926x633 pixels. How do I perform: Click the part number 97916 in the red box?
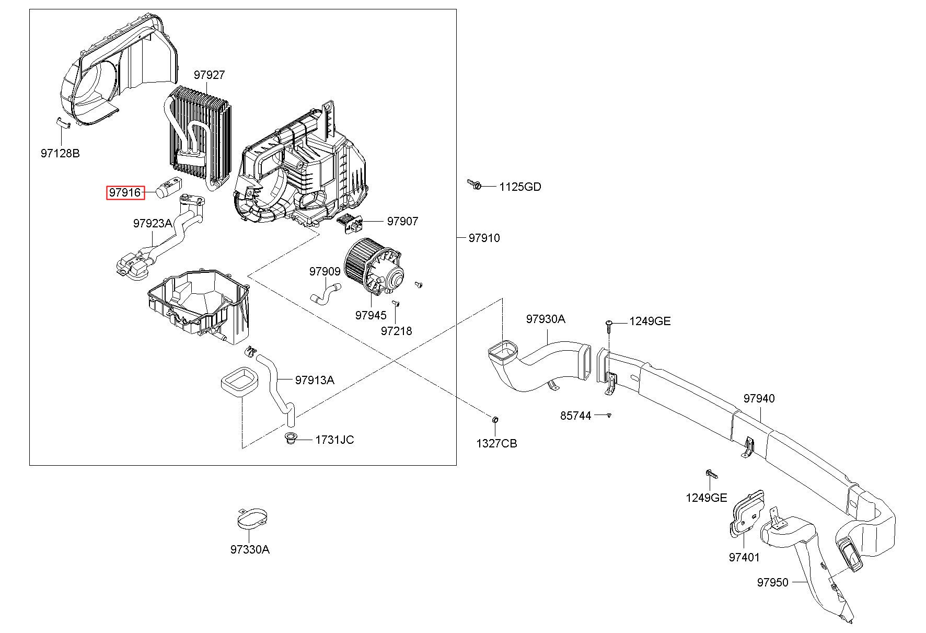pyautogui.click(x=125, y=193)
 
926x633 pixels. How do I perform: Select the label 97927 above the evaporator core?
pyautogui.click(x=209, y=75)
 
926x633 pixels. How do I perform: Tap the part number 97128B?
pyautogui.click(x=60, y=153)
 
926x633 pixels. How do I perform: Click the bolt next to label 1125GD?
pyautogui.click(x=474, y=185)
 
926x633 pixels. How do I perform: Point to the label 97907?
pyautogui.click(x=402, y=221)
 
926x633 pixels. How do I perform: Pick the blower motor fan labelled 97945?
pyautogui.click(x=373, y=268)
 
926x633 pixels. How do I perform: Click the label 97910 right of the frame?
pyautogui.click(x=484, y=238)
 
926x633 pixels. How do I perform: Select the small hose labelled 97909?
pyautogui.click(x=325, y=293)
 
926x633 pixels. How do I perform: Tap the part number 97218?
pyautogui.click(x=396, y=331)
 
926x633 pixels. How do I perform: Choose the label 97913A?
pyautogui.click(x=315, y=380)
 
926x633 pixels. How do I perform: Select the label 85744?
pyautogui.click(x=576, y=416)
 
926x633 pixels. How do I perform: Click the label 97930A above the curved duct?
pyautogui.click(x=546, y=319)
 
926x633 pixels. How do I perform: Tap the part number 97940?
pyautogui.click(x=759, y=398)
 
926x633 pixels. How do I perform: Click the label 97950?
pyautogui.click(x=772, y=582)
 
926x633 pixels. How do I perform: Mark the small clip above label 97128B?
pyautogui.click(x=62, y=122)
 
